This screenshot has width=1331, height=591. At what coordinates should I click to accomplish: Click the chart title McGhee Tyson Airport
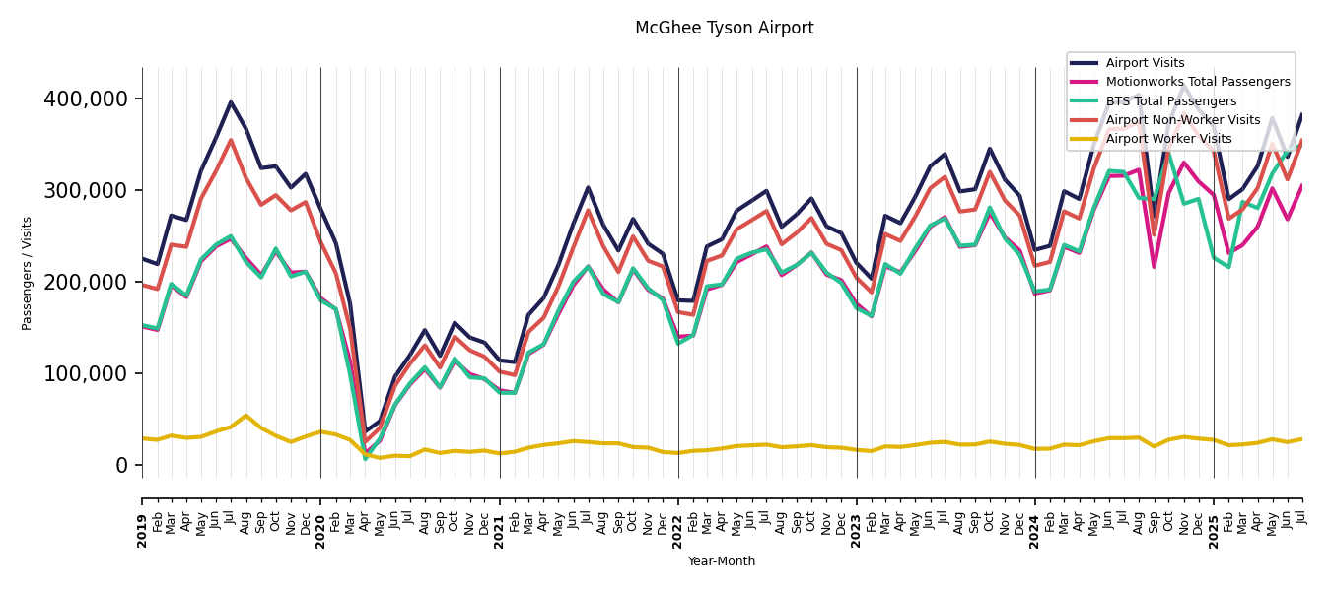click(724, 29)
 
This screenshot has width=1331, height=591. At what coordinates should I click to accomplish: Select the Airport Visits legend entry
click(1145, 63)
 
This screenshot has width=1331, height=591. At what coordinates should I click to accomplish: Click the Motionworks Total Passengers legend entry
click(1197, 82)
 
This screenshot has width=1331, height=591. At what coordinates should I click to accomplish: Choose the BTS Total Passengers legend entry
click(1170, 101)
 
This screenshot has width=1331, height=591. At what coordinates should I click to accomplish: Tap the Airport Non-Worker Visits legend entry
click(1182, 120)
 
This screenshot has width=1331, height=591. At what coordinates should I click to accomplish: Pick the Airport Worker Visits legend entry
click(1168, 139)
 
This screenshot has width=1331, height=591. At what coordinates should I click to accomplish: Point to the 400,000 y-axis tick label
click(86, 99)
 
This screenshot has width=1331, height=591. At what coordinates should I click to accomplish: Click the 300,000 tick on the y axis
click(86, 191)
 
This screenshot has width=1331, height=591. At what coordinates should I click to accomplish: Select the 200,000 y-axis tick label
click(86, 283)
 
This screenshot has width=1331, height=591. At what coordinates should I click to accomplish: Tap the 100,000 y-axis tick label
click(86, 374)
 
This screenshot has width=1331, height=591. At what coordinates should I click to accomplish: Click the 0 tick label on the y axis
click(121, 466)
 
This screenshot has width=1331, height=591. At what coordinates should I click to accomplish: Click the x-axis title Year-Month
click(722, 561)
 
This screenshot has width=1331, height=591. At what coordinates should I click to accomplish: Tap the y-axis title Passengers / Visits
click(28, 273)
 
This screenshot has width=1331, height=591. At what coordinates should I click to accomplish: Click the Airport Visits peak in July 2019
click(231, 102)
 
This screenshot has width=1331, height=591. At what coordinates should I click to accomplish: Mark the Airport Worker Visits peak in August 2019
click(245, 416)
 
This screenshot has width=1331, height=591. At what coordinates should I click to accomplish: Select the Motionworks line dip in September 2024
click(1154, 267)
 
